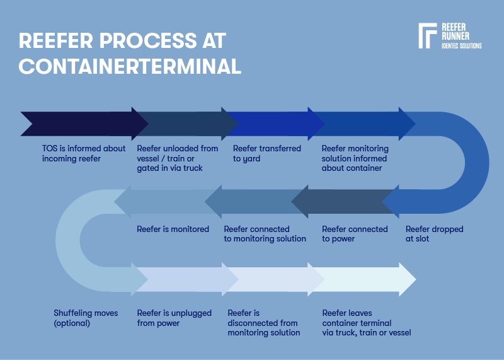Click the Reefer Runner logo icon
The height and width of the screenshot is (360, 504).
tap(427, 36)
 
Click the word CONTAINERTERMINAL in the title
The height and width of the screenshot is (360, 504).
tap(130, 66)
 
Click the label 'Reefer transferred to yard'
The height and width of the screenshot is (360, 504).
tap(266, 153)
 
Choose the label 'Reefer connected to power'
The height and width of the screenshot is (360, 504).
tap(355, 234)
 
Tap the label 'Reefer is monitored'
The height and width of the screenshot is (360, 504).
tap(173, 229)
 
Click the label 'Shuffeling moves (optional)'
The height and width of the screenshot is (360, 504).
tap(86, 318)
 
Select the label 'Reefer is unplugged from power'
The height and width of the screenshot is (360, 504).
tap(175, 318)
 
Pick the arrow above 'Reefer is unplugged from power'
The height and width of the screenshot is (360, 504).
tap(183, 279)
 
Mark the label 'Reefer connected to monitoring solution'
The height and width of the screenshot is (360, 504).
tap(265, 234)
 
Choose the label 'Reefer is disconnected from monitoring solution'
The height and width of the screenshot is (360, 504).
tap(263, 322)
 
